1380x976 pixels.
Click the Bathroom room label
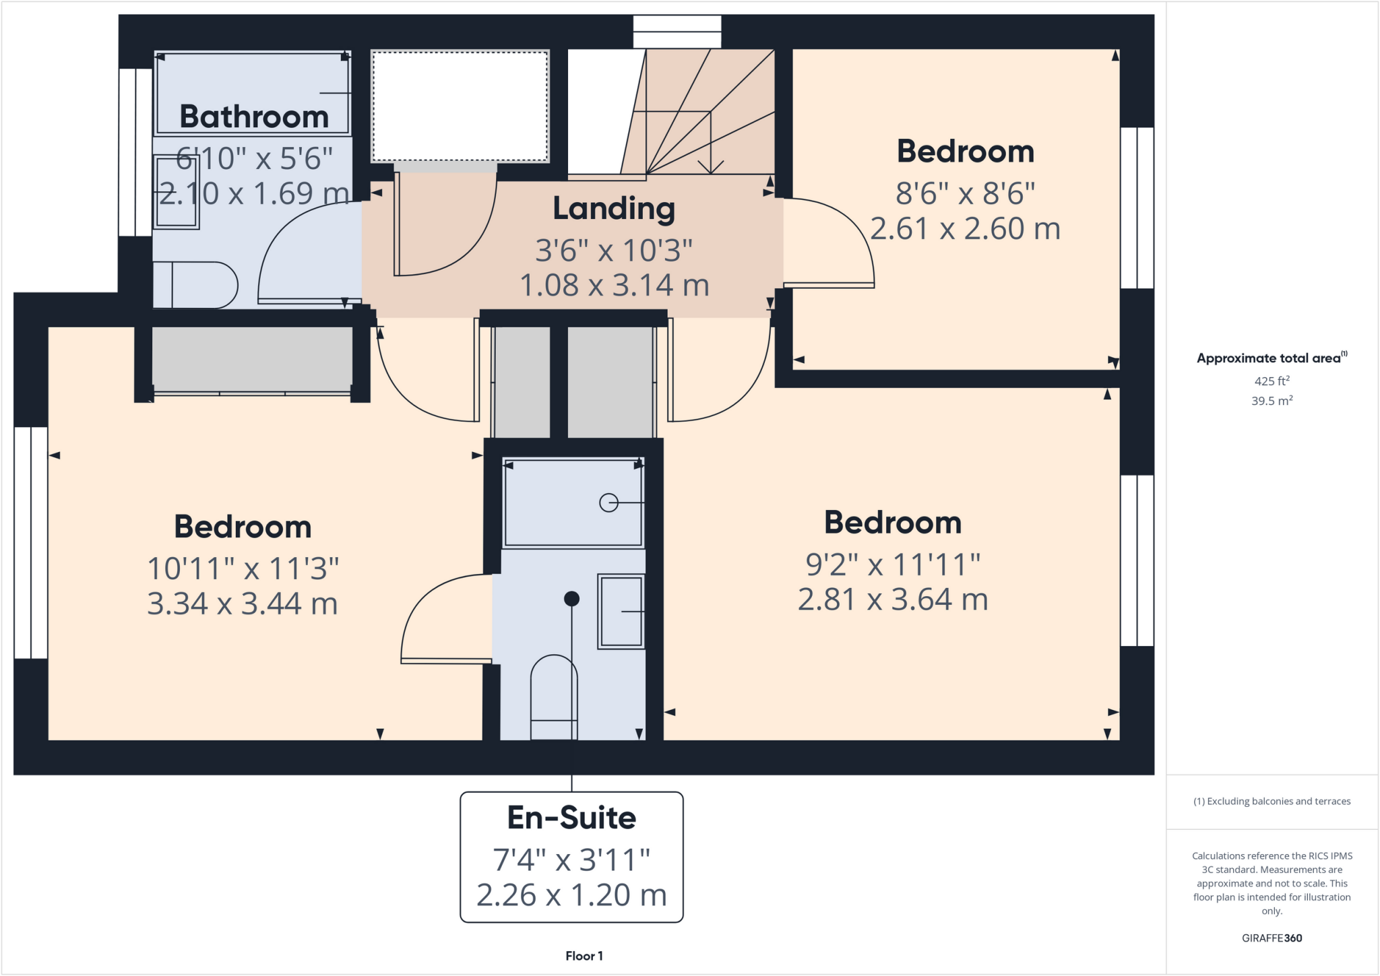[254, 117]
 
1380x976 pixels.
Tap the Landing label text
[614, 209]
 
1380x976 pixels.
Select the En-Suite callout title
[571, 818]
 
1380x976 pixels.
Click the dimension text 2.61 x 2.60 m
[965, 229]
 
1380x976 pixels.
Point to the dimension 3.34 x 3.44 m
[243, 604]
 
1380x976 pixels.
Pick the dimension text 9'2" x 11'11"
[893, 564]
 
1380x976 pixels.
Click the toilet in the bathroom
[195, 286]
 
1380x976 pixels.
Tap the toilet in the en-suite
[554, 697]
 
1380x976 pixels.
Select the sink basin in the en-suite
[621, 612]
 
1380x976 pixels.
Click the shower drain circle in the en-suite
[608, 503]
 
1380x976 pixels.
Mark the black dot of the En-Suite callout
[571, 598]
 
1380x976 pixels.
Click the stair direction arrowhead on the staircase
[710, 166]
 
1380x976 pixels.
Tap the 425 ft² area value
[1272, 381]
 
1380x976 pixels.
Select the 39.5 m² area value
[1272, 401]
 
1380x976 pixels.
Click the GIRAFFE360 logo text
[1272, 938]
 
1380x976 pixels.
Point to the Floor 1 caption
[584, 956]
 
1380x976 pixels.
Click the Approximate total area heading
[1270, 358]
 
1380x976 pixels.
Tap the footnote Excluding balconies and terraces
[1272, 802]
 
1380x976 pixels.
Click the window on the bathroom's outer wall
[135, 152]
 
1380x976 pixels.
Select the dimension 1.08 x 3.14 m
[614, 286]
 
